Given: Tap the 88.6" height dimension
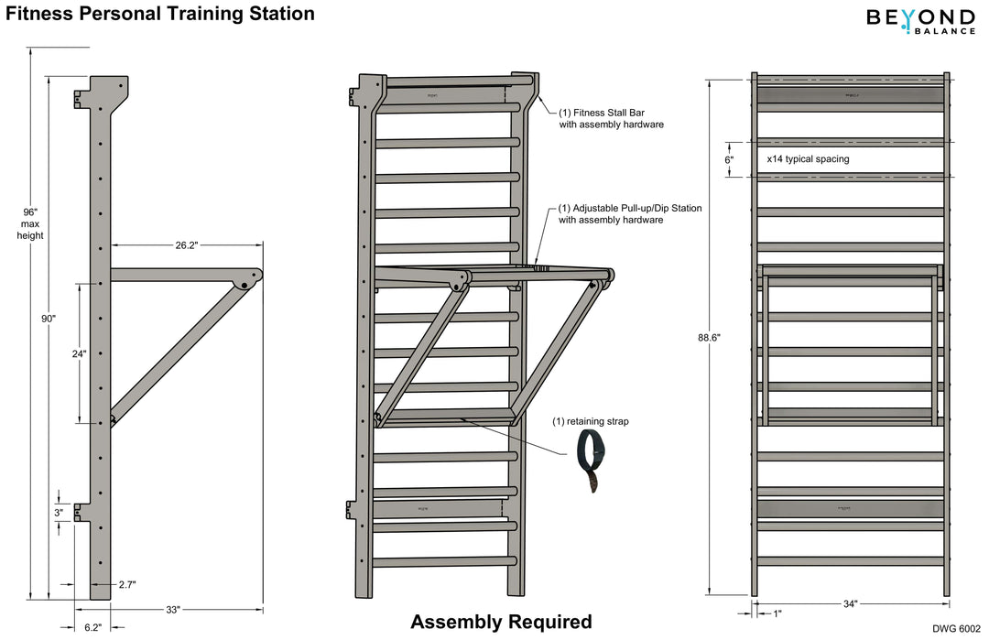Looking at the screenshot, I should [x=709, y=337].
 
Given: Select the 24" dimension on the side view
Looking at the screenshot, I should [x=80, y=353].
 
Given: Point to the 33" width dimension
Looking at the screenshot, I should [x=173, y=609].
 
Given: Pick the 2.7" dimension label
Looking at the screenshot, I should [x=126, y=584].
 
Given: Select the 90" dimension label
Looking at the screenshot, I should [x=48, y=319].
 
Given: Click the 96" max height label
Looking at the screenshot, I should [x=30, y=223].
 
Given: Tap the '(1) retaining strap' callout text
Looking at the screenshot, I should [x=590, y=422].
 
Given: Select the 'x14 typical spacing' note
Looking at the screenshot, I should [x=808, y=158].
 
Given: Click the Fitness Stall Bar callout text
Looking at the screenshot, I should [x=611, y=118].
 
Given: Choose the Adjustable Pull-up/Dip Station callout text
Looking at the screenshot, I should [x=630, y=214].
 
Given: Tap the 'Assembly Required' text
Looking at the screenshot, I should [x=501, y=622].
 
